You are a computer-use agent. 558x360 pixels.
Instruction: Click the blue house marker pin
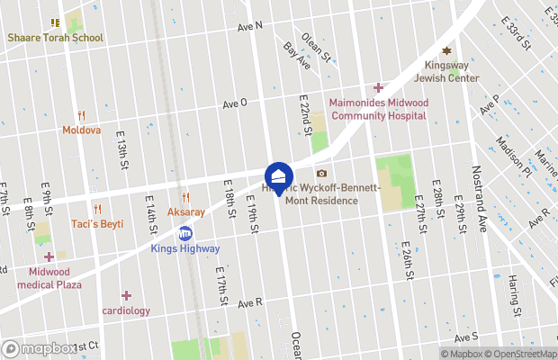[x=279, y=176]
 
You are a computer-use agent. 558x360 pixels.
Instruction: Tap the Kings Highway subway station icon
[x=185, y=231]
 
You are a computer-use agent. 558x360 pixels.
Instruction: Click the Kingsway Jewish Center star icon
[x=445, y=53]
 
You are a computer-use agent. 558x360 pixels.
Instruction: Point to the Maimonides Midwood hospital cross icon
[x=378, y=87]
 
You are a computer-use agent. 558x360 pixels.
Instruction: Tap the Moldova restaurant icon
[x=81, y=115]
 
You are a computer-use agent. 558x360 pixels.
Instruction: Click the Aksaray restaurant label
[x=186, y=212]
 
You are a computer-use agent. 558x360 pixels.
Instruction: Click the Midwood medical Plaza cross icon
[x=49, y=257]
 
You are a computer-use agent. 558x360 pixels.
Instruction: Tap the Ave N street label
[x=249, y=26]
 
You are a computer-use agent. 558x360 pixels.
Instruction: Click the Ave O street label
[x=235, y=103]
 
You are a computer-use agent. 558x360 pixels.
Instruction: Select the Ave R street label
[x=249, y=303]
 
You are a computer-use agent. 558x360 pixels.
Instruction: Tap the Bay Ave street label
[x=296, y=56]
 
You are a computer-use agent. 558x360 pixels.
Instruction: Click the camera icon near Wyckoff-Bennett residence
[x=321, y=174]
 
